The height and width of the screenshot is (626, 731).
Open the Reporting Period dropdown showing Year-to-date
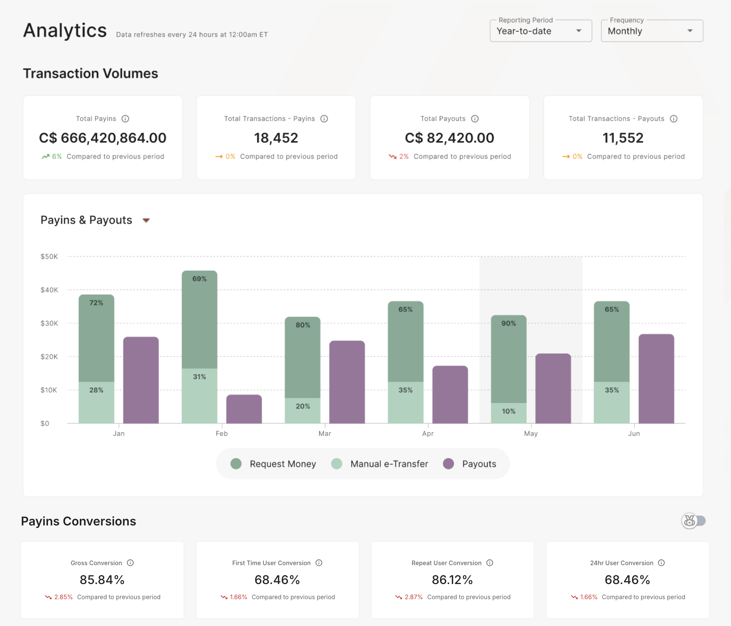pos(541,31)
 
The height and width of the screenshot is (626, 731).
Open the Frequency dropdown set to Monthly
pos(652,31)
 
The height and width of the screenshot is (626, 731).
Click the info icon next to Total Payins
pos(125,119)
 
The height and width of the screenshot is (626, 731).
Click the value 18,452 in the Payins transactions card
pos(276,138)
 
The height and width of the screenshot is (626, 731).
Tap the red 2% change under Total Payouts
pos(403,156)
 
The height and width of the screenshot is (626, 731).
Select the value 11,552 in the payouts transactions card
pos(623,138)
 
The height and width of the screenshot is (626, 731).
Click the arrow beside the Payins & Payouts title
pos(146,220)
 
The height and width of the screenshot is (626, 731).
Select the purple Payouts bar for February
pos(244,409)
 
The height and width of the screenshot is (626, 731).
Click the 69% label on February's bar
pos(199,279)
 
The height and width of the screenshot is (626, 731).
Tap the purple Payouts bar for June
pos(656,378)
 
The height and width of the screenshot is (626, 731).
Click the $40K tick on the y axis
pos(49,290)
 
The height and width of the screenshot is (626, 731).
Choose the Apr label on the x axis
pos(428,434)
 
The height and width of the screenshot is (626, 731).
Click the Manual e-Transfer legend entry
pos(389,464)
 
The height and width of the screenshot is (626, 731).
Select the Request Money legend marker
pos(236,464)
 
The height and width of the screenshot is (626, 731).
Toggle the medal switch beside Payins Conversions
pos(693,521)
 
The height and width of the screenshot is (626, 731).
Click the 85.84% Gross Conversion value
pos(102,580)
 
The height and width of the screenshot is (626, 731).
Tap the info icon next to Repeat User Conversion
pos(490,563)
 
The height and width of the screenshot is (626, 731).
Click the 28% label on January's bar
pos(96,390)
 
